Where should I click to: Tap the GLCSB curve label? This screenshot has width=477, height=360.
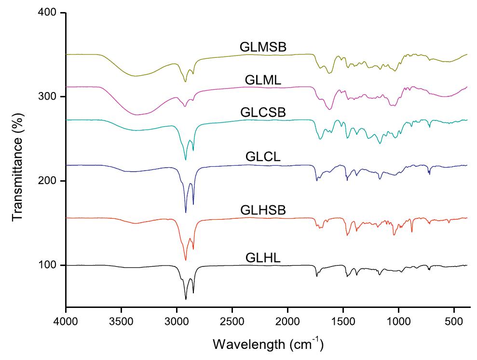[263, 112]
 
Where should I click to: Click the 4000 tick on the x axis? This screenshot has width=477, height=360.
[66, 320]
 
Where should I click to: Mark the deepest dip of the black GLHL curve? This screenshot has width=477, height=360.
[186, 299]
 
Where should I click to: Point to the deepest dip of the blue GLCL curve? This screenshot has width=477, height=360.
[186, 213]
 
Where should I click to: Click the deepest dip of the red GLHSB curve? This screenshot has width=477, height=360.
[186, 260]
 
